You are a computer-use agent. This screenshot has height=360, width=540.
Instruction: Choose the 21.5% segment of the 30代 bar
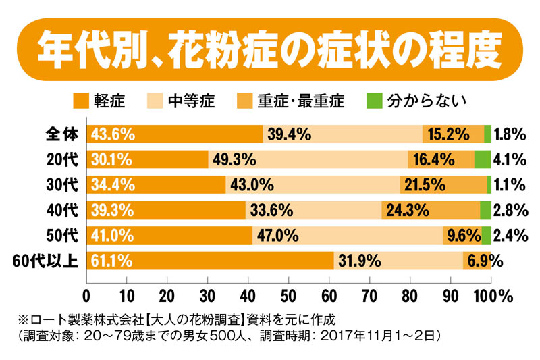click(442, 184)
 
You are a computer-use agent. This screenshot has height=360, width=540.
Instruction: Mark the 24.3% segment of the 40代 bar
click(431, 210)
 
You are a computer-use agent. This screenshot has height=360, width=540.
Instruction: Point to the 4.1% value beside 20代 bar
click(510, 159)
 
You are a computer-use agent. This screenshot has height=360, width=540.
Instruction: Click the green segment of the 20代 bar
click(482, 159)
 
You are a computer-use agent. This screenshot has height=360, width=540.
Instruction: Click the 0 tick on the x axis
click(86, 296)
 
